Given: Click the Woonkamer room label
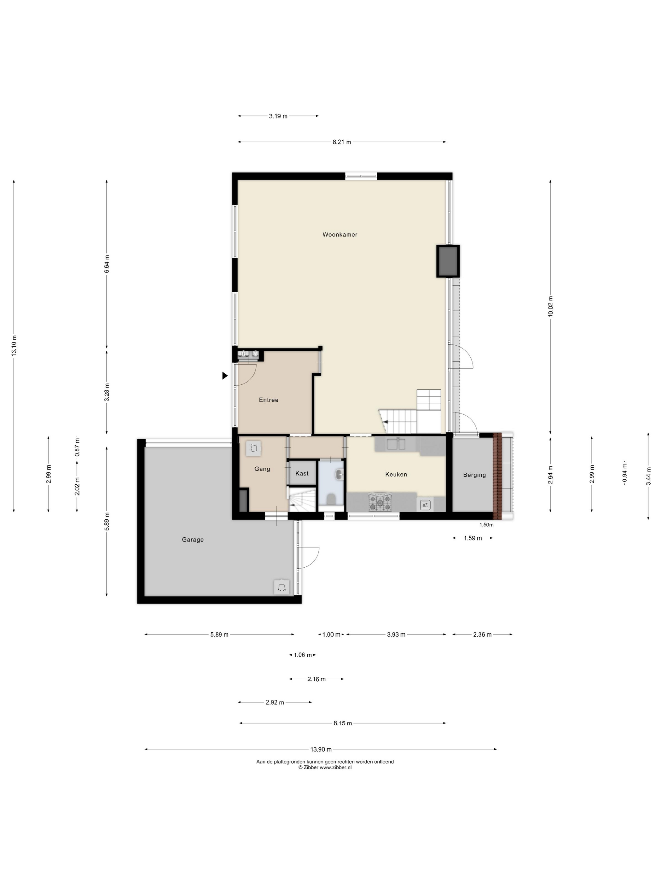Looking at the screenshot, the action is tap(340, 235).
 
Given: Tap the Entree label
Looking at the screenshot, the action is tap(269, 400).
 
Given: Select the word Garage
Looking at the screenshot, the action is tap(193, 540).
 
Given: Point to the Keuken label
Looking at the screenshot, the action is tap(396, 475).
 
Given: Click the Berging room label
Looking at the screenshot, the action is tap(474, 475).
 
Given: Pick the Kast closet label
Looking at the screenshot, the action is tap(302, 473).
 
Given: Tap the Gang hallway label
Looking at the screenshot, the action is tap(262, 469).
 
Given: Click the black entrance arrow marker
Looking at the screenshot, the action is tap(225, 376).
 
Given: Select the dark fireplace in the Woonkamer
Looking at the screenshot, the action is tap(448, 261).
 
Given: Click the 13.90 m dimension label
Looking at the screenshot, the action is tap(321, 749).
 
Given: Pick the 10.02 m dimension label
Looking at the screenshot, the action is tap(551, 307).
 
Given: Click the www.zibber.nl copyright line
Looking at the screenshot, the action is tap(325, 767).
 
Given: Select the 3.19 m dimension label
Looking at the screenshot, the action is tap(278, 116).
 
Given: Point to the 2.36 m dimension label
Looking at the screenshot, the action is tap(482, 634).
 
